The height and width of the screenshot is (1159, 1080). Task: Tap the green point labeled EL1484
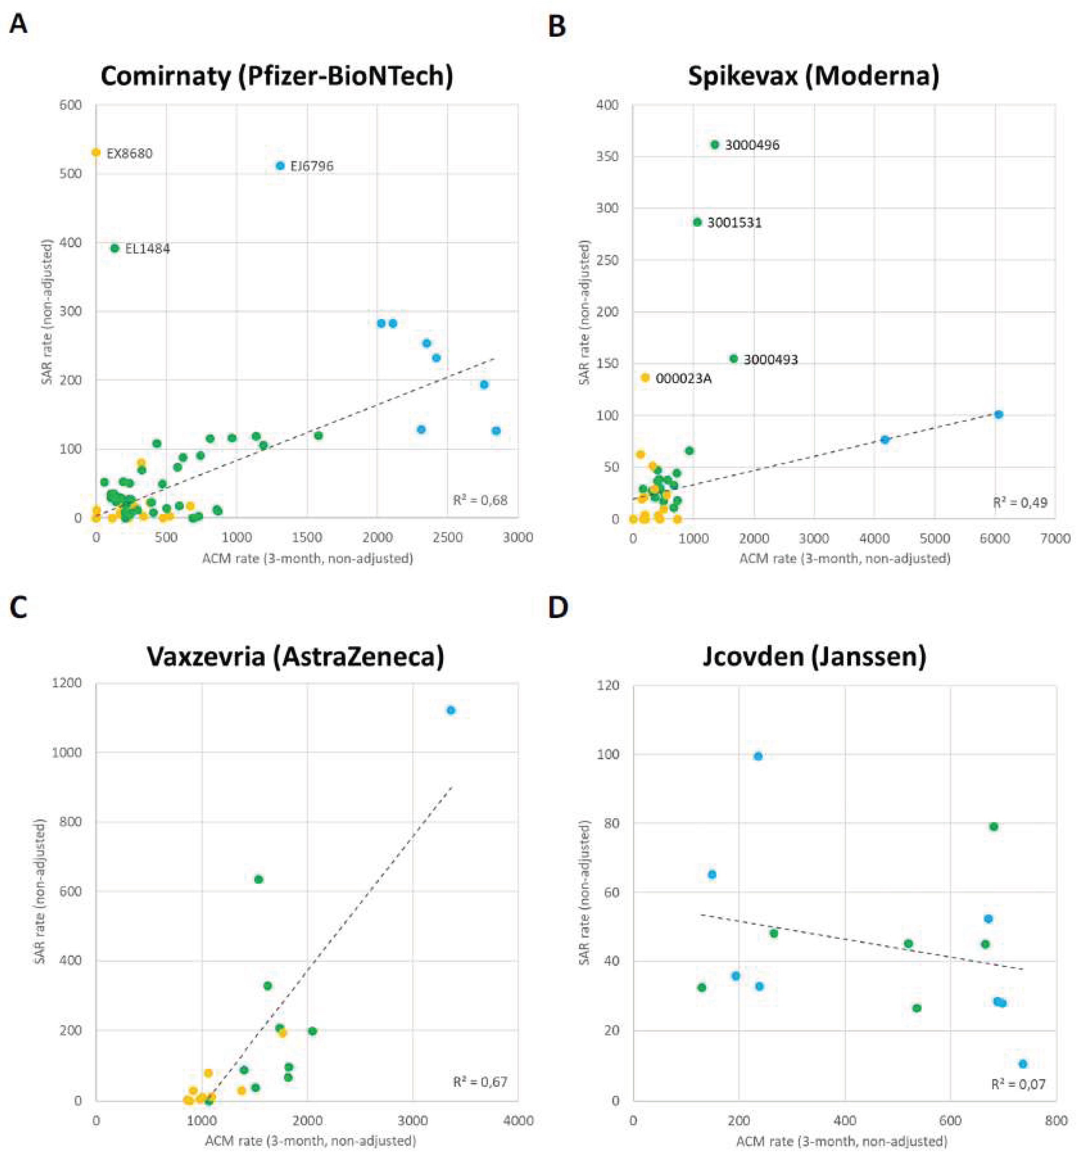115,248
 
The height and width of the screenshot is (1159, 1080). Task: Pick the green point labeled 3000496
715,145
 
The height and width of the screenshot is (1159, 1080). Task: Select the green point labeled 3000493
734,359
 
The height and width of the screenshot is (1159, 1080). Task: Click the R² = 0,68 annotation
480,500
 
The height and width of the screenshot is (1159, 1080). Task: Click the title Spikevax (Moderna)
814,76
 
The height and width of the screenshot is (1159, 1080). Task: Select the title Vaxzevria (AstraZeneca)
295,656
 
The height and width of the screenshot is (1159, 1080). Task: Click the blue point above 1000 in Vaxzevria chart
450,710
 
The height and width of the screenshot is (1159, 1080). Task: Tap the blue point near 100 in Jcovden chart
758,756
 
